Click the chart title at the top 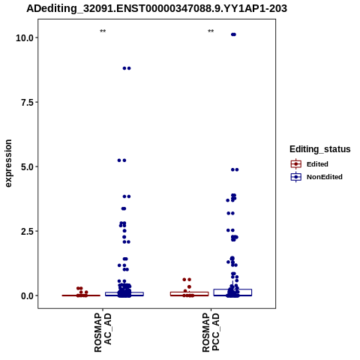[157, 8]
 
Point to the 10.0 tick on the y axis [25, 38]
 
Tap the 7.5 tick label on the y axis [27, 102]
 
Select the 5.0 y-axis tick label [27, 166]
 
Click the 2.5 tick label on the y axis [27, 231]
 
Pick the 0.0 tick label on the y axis [27, 295]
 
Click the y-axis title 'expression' [8, 163]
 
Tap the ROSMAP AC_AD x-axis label [103, 332]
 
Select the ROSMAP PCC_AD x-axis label [211, 332]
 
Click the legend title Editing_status [320, 149]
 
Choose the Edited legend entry [310, 164]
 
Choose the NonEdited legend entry [316, 177]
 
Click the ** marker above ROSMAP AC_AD [103, 31]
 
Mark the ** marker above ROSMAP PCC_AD [211, 31]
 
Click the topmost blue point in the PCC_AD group [233, 34]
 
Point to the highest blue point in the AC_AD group [127, 68]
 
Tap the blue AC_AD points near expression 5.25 [121, 160]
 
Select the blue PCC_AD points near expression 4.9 [235, 169]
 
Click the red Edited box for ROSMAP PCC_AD [190, 294]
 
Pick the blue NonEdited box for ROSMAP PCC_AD [232, 292]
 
